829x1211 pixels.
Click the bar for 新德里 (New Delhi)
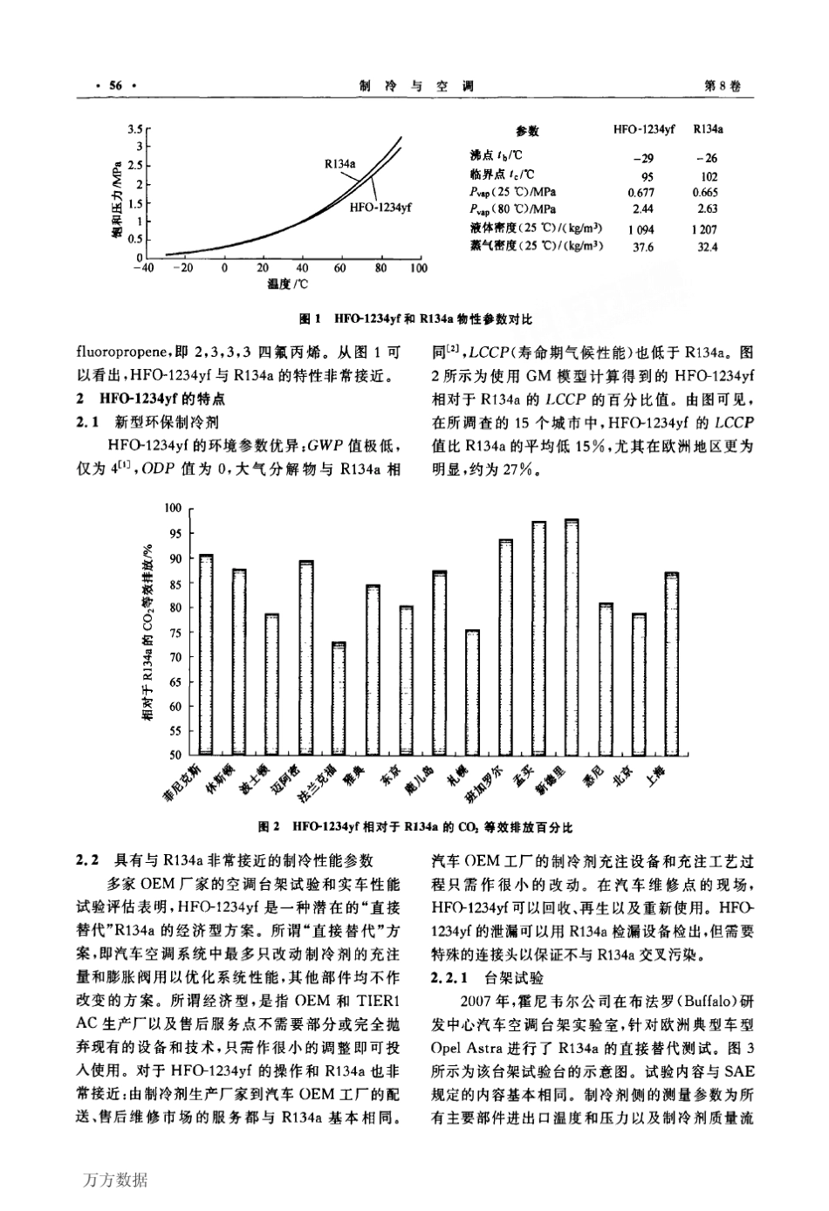[x=571, y=637]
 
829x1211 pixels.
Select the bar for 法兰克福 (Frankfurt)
[x=339, y=698]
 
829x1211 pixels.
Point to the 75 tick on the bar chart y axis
[x=174, y=632]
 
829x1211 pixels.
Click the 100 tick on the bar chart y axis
[x=172, y=508]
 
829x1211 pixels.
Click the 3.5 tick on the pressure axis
[x=134, y=129]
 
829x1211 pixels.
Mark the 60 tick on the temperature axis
[x=339, y=269]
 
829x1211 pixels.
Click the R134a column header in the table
[x=708, y=130]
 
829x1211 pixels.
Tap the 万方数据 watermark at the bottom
[x=117, y=1181]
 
